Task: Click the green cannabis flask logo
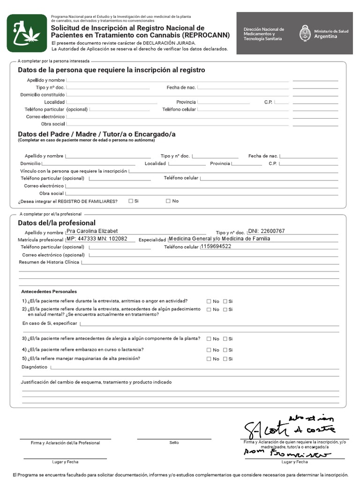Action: [27, 33]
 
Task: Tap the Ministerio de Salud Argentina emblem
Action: [305, 33]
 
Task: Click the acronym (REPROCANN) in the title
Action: [206, 35]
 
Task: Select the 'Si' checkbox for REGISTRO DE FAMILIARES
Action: [131, 201]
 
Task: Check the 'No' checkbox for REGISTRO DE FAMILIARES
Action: [168, 201]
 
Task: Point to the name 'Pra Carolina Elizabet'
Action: [92, 231]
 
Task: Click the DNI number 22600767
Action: [267, 231]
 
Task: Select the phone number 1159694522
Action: [216, 247]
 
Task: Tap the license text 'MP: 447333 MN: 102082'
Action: [97, 239]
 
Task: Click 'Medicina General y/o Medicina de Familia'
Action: [219, 239]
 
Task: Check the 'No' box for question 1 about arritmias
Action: [209, 301]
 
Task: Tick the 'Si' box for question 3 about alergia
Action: [225, 339]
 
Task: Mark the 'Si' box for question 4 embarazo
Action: [225, 350]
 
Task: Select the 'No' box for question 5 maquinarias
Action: [209, 359]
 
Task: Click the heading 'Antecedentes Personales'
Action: [49, 292]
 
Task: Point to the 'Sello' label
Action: [174, 442]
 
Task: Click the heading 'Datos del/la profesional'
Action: [56, 223]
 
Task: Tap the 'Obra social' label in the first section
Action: [52, 124]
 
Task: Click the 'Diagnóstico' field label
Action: [35, 367]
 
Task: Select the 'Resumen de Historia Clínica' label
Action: [49, 262]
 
